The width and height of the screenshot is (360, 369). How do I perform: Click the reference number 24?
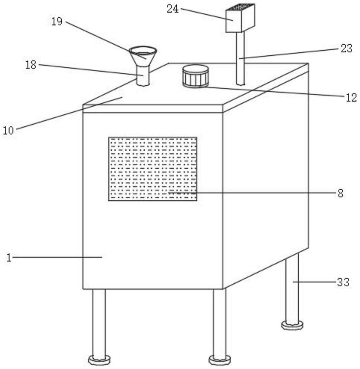(x=173, y=9)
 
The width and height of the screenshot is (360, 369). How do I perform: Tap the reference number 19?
(x=57, y=21)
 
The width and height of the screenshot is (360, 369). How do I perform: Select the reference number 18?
(x=31, y=65)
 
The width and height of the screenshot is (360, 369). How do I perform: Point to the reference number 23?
(x=346, y=48)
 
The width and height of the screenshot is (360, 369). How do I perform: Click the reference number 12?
(x=351, y=97)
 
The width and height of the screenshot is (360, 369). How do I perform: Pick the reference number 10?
(x=8, y=130)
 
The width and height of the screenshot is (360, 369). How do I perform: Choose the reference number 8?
(x=340, y=193)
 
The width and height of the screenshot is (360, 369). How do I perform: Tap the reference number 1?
(x=9, y=258)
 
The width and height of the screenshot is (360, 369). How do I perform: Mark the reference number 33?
(x=343, y=282)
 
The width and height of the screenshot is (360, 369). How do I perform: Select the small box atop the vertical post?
(x=240, y=18)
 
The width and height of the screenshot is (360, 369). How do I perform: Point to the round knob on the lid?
(x=195, y=76)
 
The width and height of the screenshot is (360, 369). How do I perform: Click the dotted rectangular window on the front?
(x=152, y=169)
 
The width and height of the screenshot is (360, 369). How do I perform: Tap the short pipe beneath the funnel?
(x=143, y=76)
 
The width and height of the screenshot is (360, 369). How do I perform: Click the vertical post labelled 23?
(x=240, y=58)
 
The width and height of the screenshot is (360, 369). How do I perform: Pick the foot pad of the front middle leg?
(x=220, y=360)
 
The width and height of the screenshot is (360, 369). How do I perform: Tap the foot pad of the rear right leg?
(x=292, y=325)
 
